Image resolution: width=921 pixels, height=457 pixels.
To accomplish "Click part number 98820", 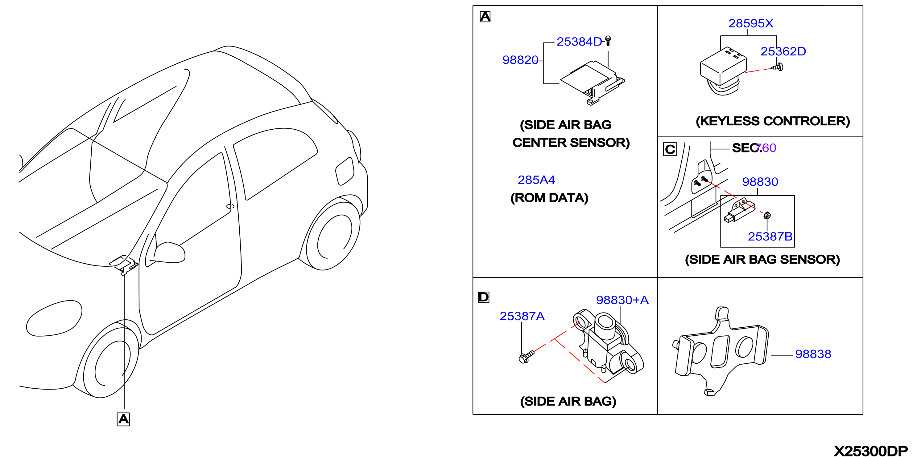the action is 520,60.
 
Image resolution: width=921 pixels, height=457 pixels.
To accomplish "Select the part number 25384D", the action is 579,42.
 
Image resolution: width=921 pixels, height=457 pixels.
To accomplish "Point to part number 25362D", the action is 783,51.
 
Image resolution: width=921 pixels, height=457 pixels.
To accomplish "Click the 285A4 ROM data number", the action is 536,180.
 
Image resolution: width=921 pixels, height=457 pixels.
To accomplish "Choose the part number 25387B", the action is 770,237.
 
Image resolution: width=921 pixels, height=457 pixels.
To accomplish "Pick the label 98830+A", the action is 622,300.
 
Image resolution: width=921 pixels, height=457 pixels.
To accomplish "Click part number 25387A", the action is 522,316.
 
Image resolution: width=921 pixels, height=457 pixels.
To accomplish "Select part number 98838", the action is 813,354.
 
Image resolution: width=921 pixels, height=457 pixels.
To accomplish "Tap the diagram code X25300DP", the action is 871,451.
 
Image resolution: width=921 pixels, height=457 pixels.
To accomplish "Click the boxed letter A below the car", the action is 123,419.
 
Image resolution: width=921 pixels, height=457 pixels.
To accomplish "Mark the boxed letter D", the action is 483,297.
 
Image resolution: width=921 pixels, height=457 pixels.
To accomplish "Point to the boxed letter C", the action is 670,149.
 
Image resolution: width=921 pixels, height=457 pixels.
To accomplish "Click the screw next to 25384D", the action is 608,41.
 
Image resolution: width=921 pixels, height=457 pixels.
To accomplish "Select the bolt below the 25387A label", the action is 526,357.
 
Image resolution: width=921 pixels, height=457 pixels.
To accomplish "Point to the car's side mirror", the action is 169,253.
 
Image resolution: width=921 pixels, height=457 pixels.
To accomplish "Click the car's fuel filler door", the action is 345,171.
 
